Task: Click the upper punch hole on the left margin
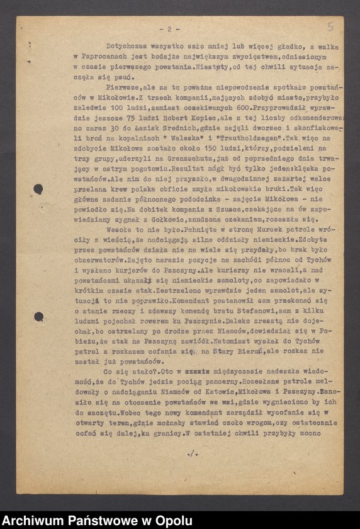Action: (38, 188)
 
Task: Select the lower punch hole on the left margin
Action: (38, 316)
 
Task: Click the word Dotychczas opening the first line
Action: (129, 46)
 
